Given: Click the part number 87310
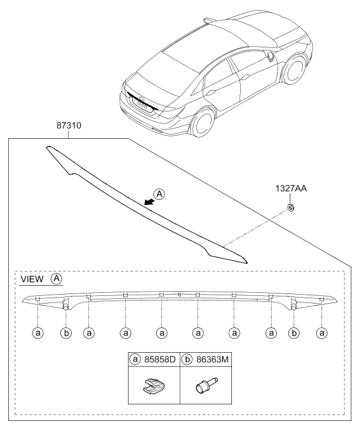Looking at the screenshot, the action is point(69,126).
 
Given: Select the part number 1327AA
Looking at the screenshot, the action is point(291,189).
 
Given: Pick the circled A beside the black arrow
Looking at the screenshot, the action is point(159,194).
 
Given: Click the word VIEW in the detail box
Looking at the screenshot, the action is point(32,279).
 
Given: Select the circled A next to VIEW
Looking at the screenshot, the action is point(56,279).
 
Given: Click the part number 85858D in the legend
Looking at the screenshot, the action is point(160,359).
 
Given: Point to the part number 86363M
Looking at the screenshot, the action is point(212,359).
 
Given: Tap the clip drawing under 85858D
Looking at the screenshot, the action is point(154,385).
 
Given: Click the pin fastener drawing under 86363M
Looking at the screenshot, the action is point(206,385).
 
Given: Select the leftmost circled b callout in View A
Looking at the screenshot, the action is point(66,333).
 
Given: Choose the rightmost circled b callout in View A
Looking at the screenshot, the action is point(294,333).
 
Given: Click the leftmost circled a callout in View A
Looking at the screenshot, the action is point(38,333).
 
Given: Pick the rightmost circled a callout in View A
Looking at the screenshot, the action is point(321,333).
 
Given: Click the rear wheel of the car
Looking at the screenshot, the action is point(203,123).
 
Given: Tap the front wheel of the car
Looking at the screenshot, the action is point(294,69).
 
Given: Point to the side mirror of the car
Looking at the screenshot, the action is point(270,56).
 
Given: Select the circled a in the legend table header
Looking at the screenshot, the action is point(135,359).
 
